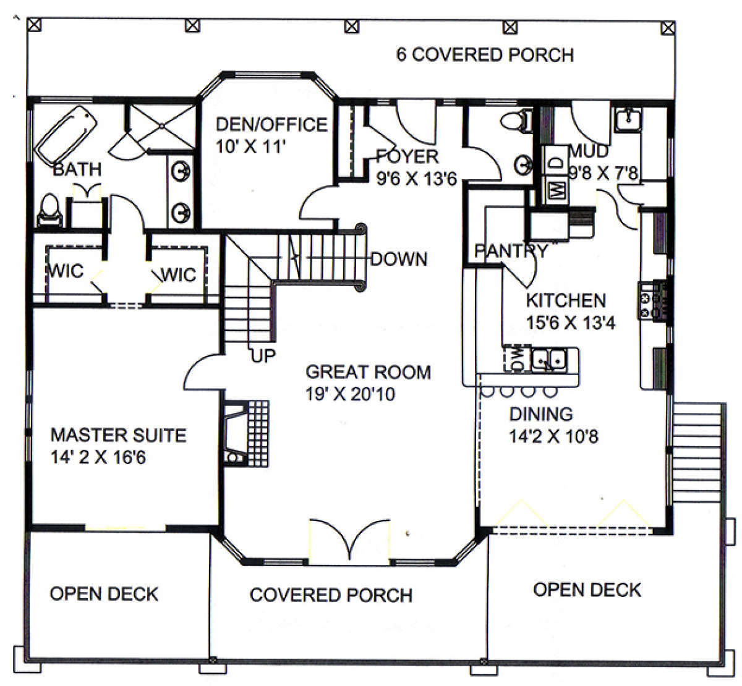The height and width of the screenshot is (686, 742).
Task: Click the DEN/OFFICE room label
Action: point(271,124)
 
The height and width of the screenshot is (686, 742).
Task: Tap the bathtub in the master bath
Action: point(66,135)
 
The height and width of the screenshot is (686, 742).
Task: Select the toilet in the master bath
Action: point(49,210)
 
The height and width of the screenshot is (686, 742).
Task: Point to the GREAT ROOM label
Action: point(368,372)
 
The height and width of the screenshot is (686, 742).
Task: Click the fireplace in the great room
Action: point(246,434)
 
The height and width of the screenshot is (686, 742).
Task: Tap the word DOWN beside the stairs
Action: point(399,259)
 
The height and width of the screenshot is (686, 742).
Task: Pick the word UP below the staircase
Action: point(263,356)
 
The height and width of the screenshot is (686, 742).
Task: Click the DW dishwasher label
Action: point(518,359)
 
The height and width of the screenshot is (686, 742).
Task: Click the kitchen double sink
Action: point(548,360)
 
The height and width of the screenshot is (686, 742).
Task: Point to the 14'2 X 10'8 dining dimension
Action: point(553,436)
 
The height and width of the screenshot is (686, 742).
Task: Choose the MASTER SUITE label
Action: point(119,435)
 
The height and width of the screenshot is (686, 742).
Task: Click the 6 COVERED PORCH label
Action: point(485,54)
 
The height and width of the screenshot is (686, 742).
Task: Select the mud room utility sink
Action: point(628,119)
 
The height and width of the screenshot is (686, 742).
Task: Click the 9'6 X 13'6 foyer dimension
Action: point(416,179)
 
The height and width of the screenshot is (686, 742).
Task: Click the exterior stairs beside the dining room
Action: point(697,452)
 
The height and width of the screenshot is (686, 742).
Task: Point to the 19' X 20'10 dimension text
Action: point(350,394)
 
